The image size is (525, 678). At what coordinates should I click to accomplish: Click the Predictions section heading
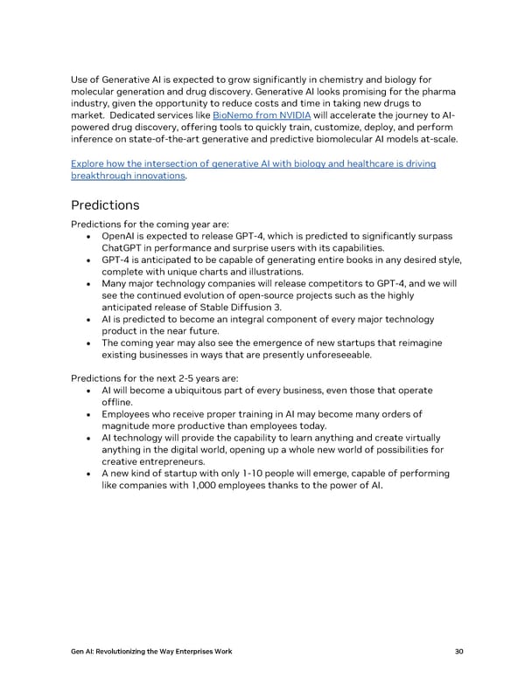(104, 205)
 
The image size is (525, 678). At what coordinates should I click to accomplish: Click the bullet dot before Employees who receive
(91, 414)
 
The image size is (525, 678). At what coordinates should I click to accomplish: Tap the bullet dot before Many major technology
(91, 284)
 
